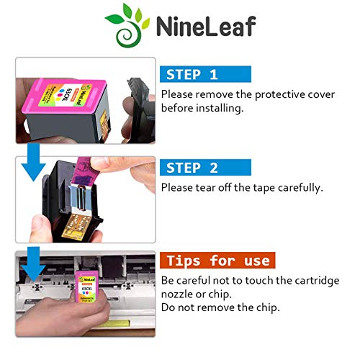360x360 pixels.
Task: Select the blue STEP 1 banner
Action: coord(204,73)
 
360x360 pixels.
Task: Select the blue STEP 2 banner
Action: coord(204,168)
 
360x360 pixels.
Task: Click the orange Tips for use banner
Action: coord(215,261)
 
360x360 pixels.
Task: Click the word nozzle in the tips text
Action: coord(180,294)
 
